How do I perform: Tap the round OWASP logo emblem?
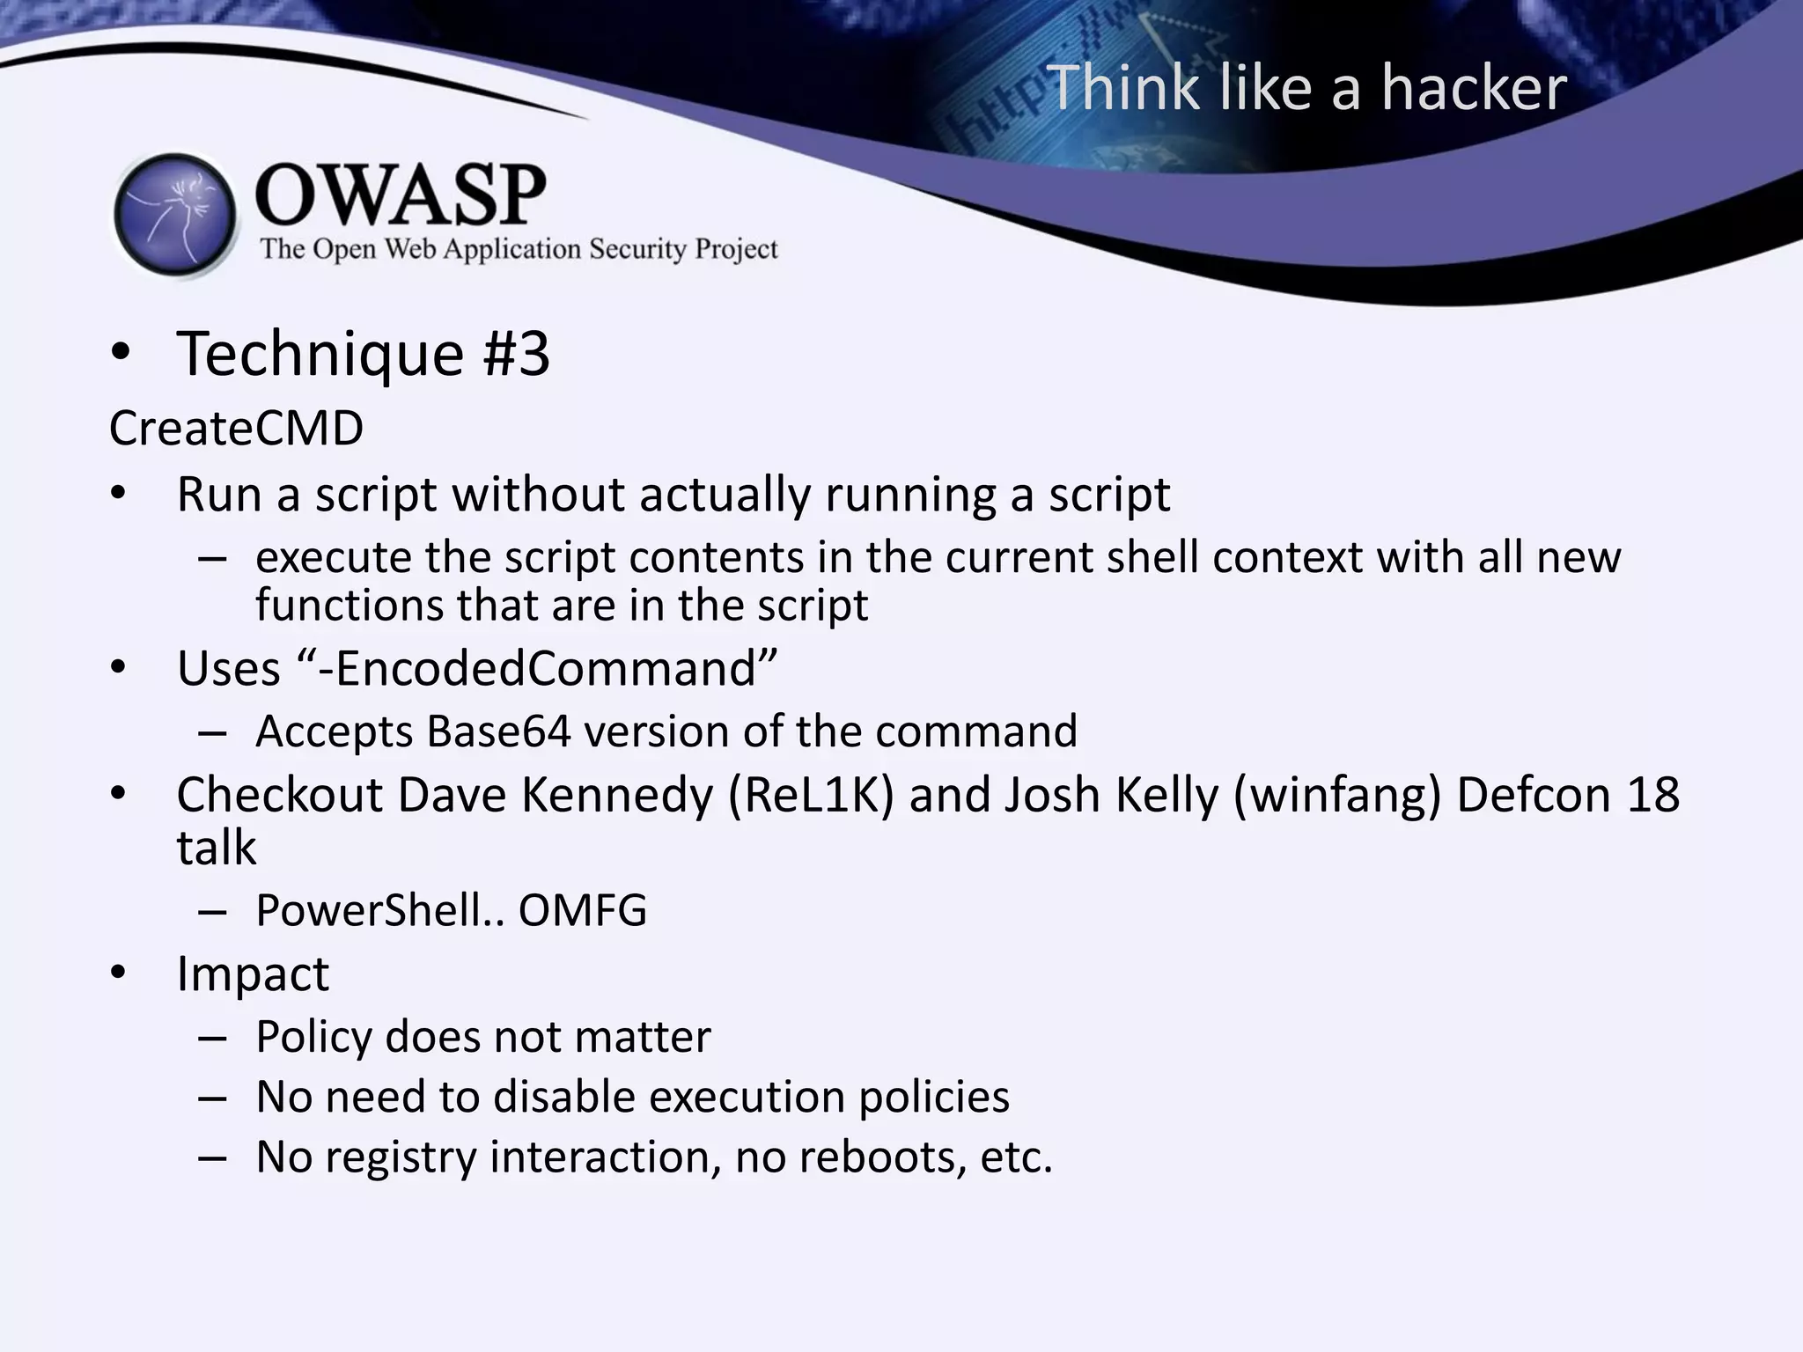click(x=175, y=215)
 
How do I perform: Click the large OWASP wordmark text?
click(x=401, y=195)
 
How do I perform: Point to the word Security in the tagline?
click(x=637, y=250)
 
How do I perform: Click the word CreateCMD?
click(x=236, y=429)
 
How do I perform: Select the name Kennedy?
click(x=616, y=795)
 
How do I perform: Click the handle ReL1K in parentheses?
click(x=811, y=795)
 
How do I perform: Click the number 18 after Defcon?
click(x=1652, y=795)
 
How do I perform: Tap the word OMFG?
click(x=582, y=910)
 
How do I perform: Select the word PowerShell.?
click(x=368, y=910)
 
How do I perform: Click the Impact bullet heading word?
click(x=253, y=974)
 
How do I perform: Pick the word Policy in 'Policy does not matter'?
click(x=313, y=1037)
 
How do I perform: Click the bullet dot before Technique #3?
click(x=121, y=354)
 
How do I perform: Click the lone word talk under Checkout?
click(x=217, y=848)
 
